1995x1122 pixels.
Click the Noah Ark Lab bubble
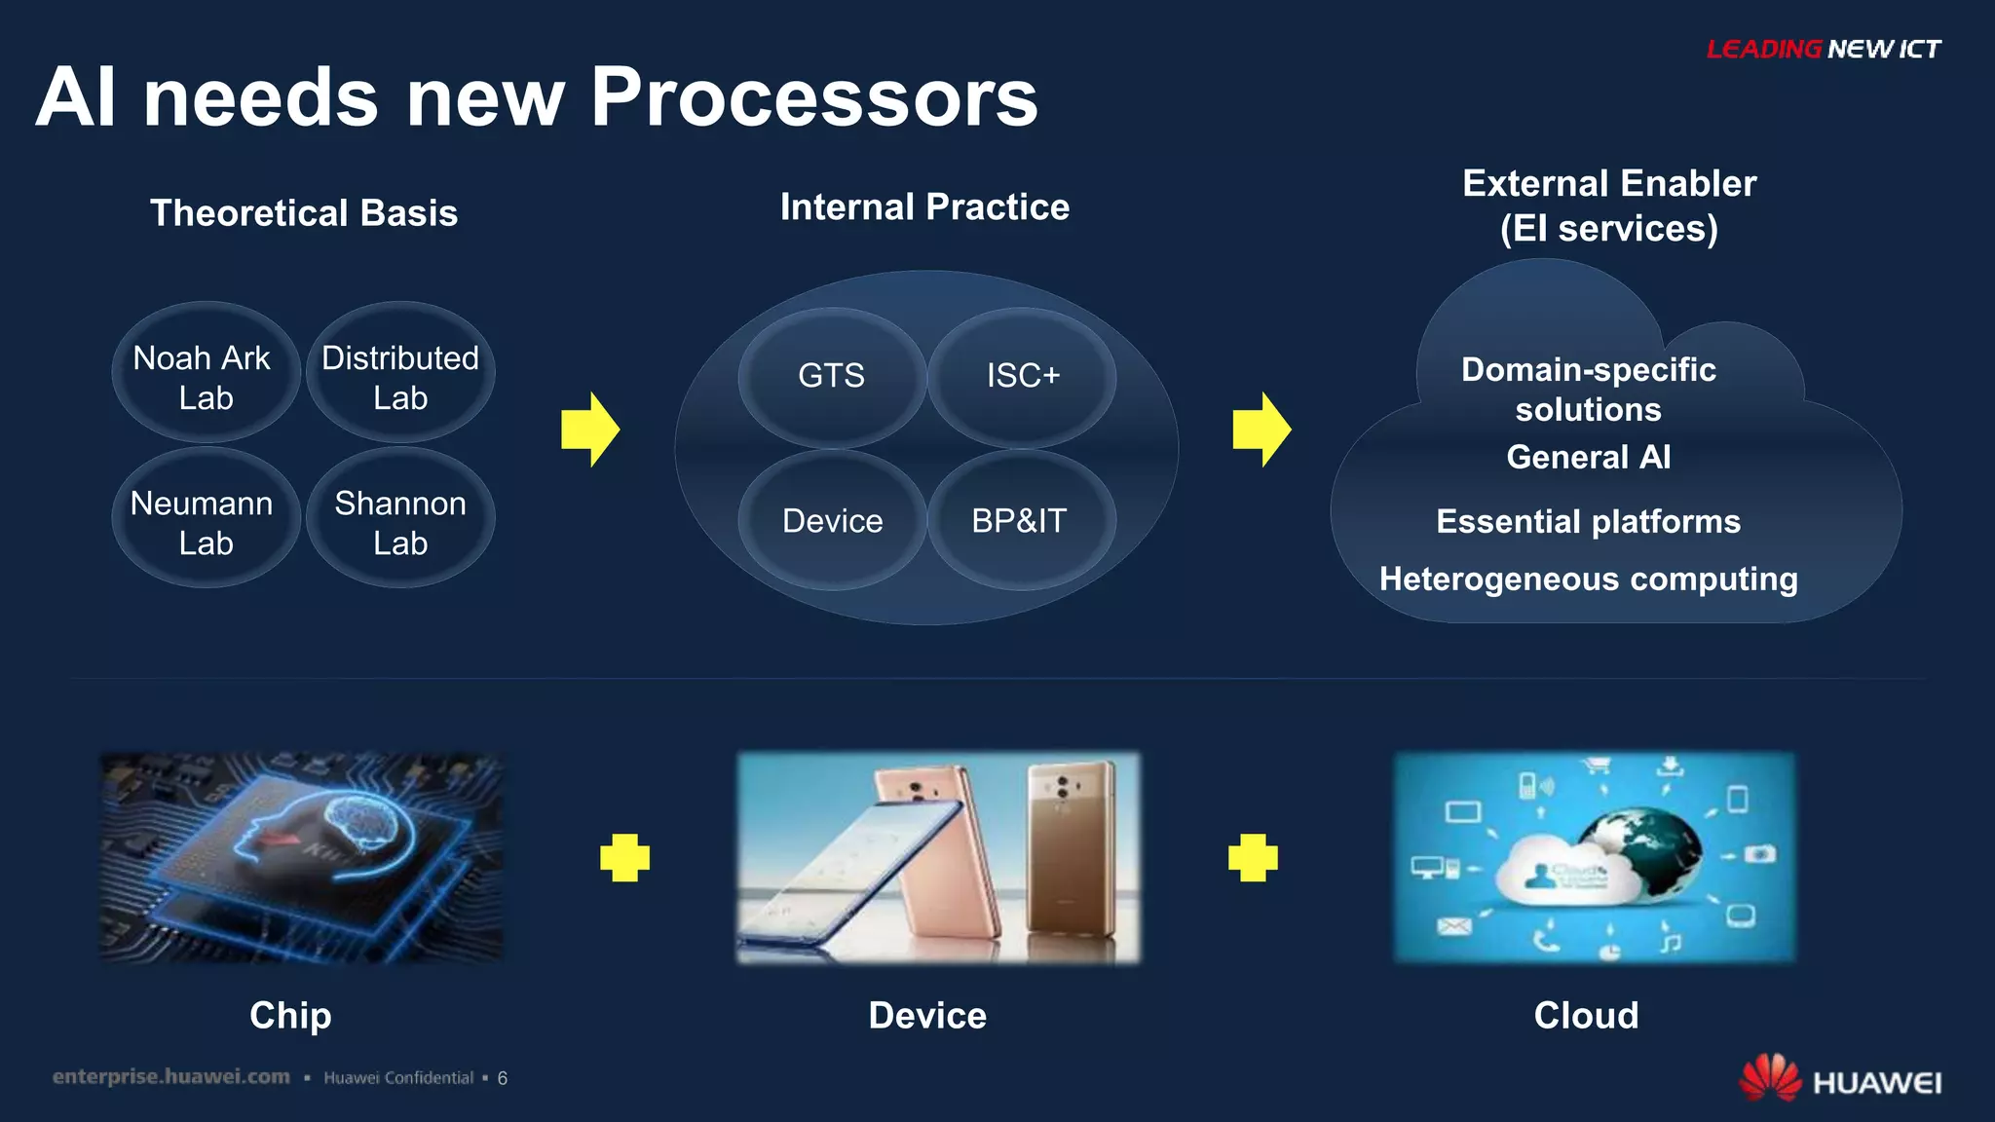(x=206, y=375)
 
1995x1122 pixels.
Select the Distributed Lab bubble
(x=400, y=375)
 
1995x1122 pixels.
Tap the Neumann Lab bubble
(x=206, y=521)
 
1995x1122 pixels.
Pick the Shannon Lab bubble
(x=400, y=521)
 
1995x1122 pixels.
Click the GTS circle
(x=831, y=376)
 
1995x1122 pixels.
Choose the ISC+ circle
(x=1022, y=376)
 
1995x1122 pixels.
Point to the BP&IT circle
(x=1020, y=521)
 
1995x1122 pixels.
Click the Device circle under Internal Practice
(x=832, y=521)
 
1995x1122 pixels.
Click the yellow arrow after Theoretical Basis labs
(x=590, y=430)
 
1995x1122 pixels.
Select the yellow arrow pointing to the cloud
(x=1261, y=430)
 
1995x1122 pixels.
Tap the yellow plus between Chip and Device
(x=624, y=858)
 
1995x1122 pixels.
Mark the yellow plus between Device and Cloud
(x=1253, y=858)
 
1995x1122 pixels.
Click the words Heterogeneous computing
(x=1588, y=580)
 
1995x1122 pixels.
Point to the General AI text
(x=1588, y=457)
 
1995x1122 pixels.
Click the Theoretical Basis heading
(x=304, y=213)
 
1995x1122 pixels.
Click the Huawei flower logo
(x=1770, y=1078)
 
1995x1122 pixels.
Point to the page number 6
(x=503, y=1078)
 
